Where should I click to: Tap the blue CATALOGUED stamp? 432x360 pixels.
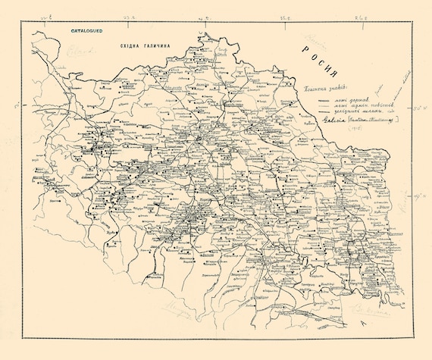86,32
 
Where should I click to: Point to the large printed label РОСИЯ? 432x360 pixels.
318,65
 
